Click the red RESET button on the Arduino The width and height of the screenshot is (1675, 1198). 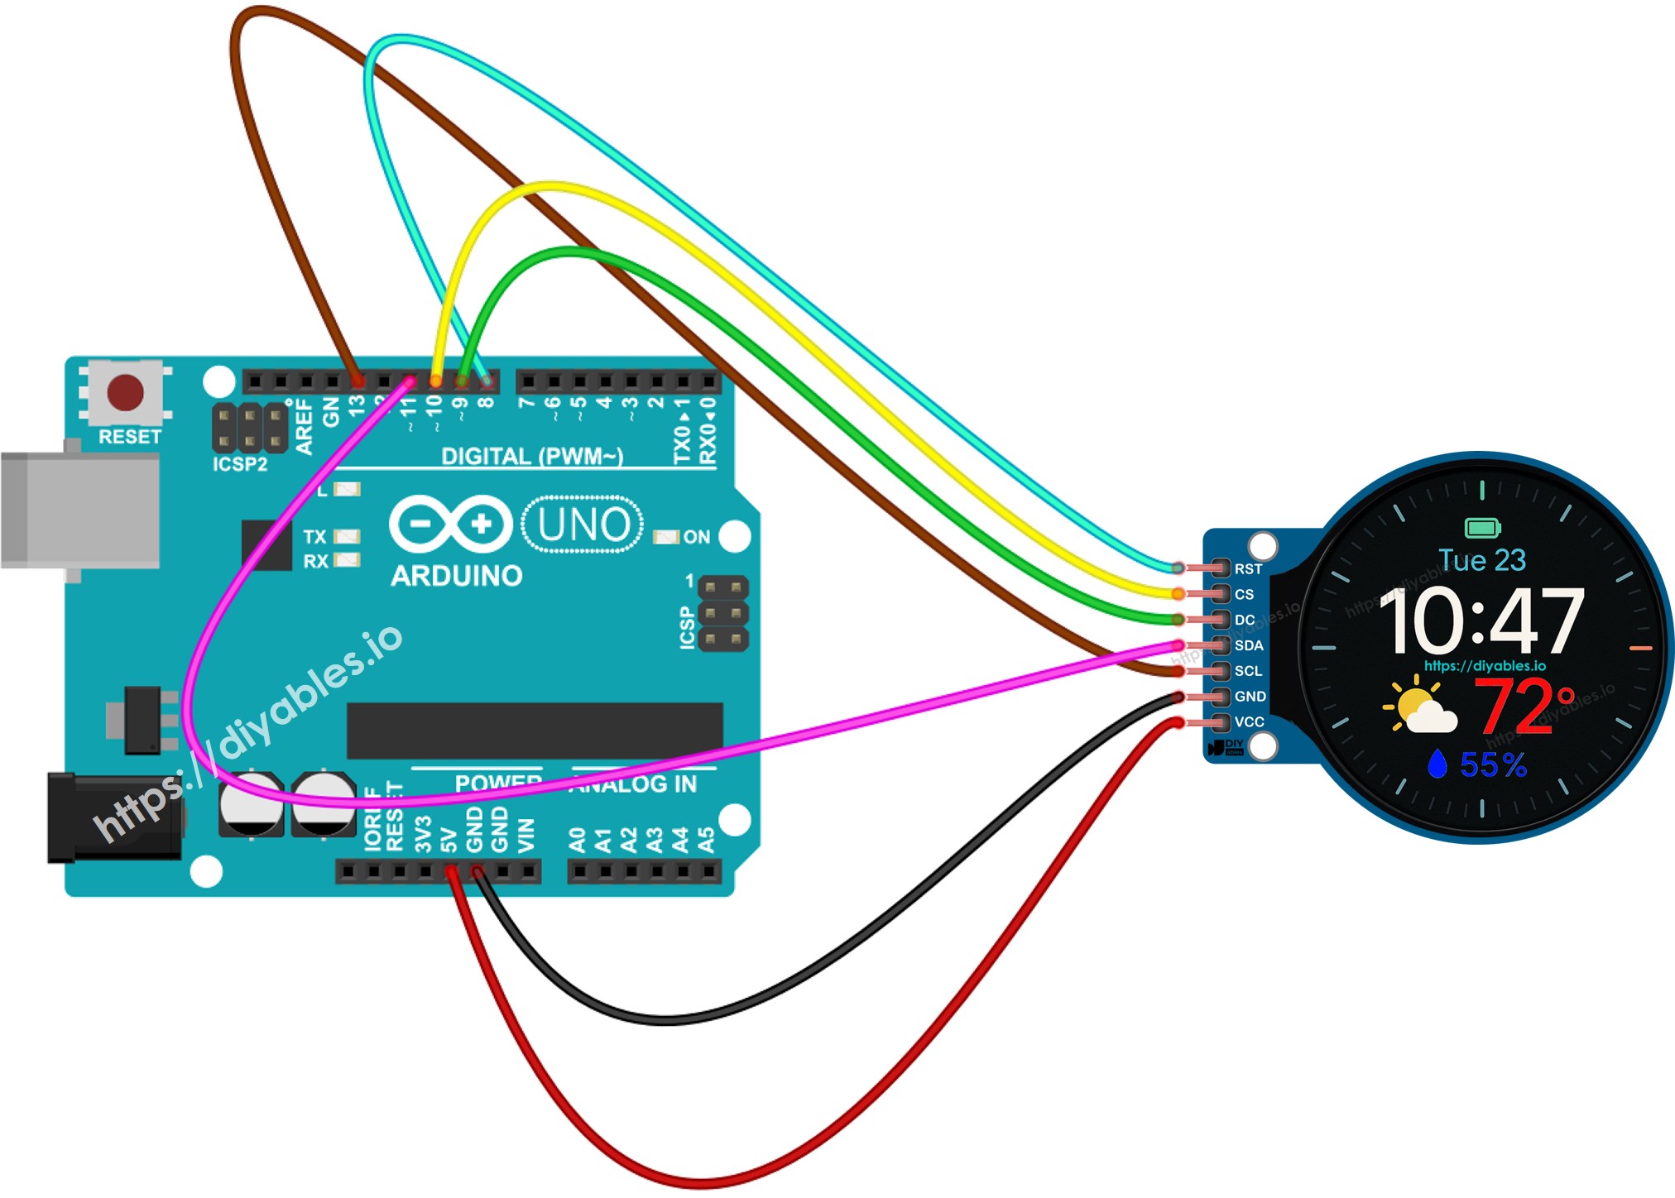click(x=126, y=392)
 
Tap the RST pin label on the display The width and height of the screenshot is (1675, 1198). click(x=1248, y=569)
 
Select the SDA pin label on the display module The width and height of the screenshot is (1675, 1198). click(x=1249, y=645)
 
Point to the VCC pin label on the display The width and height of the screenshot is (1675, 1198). click(x=1249, y=722)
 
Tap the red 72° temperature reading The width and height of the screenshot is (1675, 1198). click(x=1524, y=707)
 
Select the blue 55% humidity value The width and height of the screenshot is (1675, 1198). click(x=1493, y=765)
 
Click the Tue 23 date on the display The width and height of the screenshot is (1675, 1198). click(x=1481, y=560)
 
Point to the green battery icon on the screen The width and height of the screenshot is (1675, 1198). click(x=1482, y=527)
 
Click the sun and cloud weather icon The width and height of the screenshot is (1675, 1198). click(x=1419, y=706)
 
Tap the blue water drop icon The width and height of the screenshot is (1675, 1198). click(x=1437, y=764)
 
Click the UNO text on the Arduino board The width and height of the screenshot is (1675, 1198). click(x=583, y=525)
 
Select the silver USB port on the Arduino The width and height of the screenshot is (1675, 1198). click(x=80, y=510)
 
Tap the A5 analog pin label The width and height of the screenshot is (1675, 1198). click(x=706, y=840)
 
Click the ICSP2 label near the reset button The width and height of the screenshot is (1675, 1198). click(x=240, y=464)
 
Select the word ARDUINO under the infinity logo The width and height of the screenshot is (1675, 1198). click(x=456, y=576)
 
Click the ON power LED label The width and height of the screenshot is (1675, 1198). click(x=696, y=537)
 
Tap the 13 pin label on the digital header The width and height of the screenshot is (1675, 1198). click(x=357, y=407)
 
